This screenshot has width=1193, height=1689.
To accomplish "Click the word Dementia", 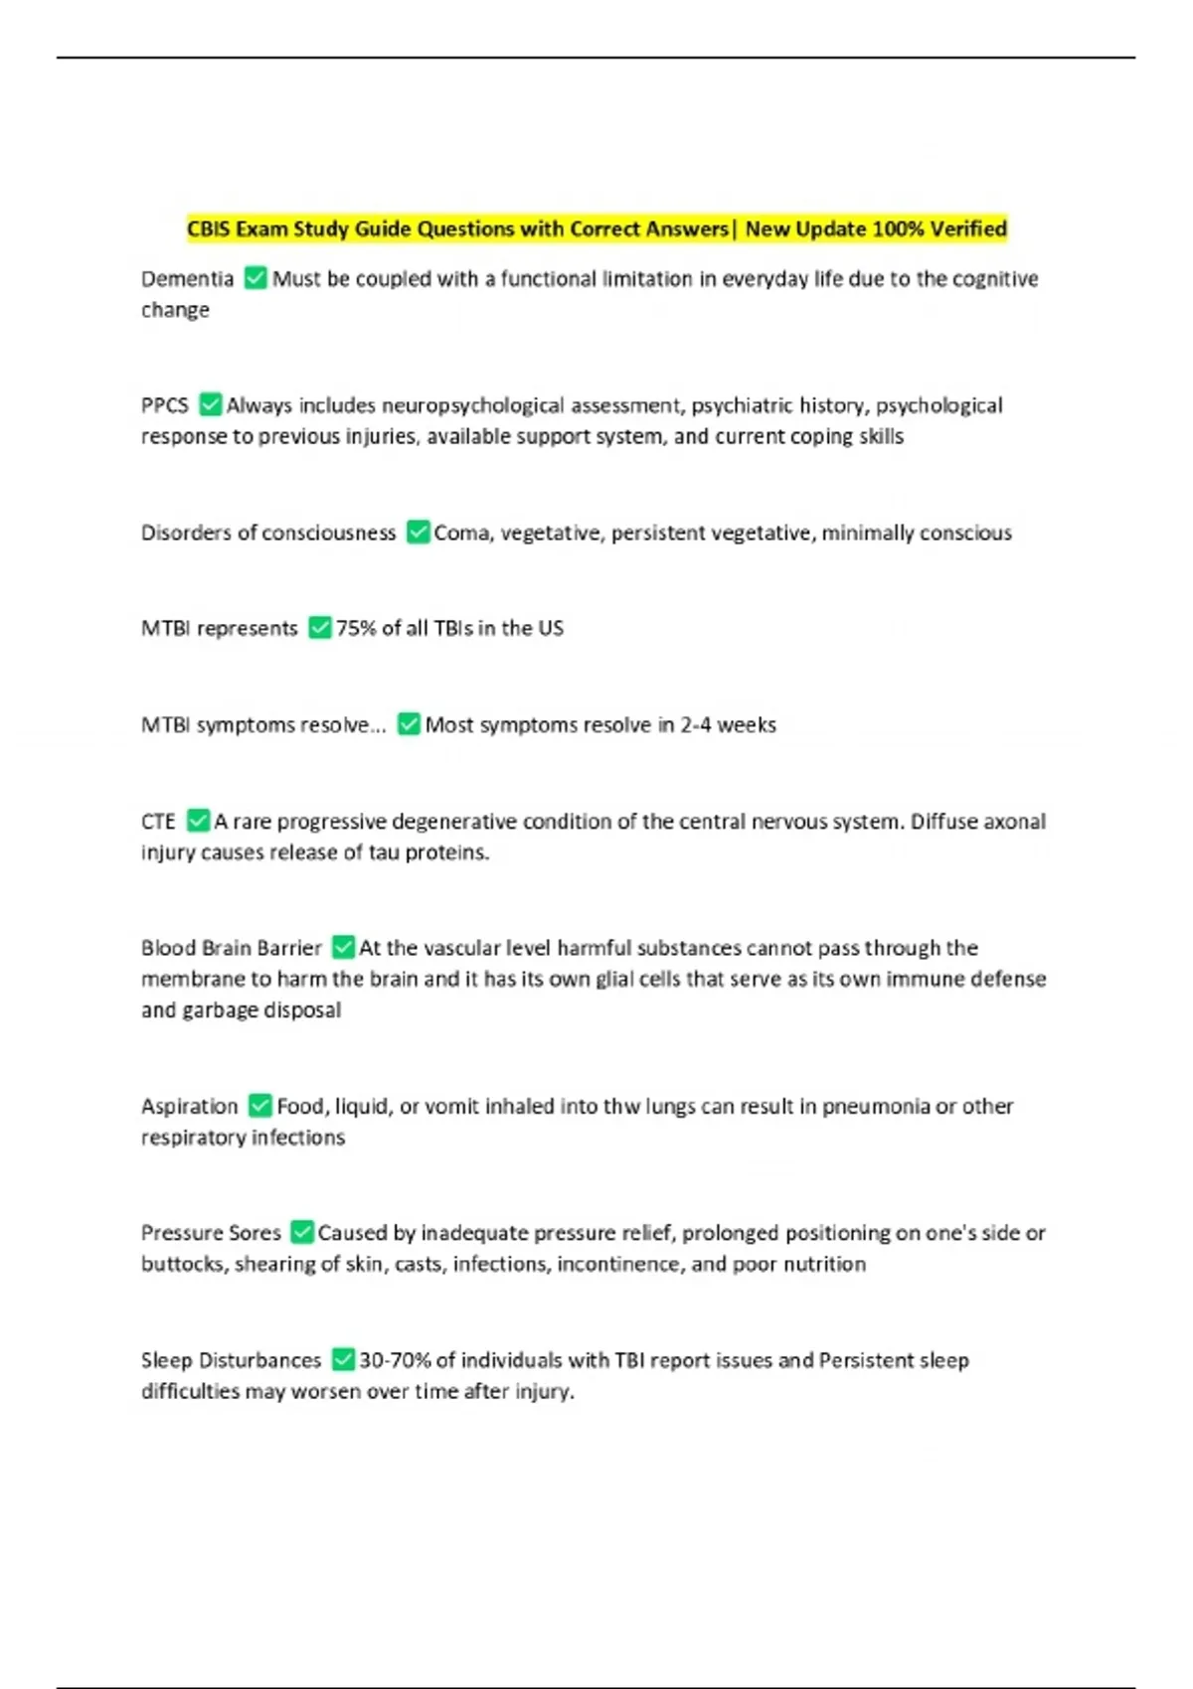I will (x=187, y=279).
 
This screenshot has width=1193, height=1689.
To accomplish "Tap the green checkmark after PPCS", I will (x=210, y=404).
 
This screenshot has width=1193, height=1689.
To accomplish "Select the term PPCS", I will (x=164, y=405).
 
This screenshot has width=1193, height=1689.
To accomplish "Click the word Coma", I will (x=461, y=534).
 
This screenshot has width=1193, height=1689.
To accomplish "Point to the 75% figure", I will (x=355, y=629).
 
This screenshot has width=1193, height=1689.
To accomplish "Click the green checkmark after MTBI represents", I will (x=319, y=628).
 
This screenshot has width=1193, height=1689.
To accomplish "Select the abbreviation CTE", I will (x=158, y=822).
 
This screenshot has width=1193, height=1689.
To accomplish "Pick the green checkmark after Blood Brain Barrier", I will (x=343, y=947).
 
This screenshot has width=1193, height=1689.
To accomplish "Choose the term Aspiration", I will (x=189, y=1107).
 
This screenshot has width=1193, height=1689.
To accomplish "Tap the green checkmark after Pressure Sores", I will (x=302, y=1232).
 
